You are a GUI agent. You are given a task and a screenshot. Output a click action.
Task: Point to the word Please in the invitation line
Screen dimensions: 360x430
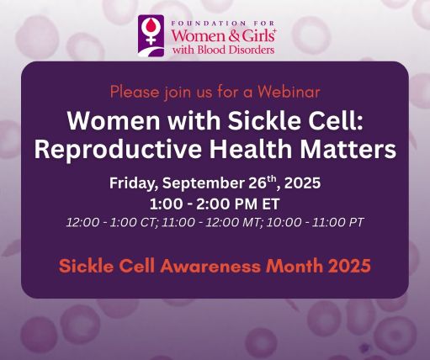coord(134,87)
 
